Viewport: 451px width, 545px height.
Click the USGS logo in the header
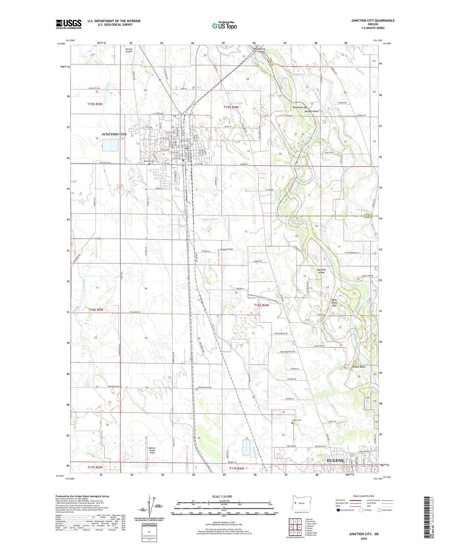[69, 24]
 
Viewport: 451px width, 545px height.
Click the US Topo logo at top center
[224, 26]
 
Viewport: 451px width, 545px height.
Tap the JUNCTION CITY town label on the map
[114, 134]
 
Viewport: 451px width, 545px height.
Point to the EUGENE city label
[335, 460]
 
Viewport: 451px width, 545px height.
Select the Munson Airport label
[129, 50]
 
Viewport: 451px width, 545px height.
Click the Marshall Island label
[321, 271]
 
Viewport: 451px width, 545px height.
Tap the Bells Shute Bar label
[334, 303]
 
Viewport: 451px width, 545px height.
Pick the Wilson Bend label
[359, 367]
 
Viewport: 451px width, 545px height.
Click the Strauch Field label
[226, 249]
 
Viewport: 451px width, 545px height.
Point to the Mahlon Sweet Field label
[152, 450]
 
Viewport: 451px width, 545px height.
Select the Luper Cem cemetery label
[297, 420]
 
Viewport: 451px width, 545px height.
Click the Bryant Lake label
[210, 219]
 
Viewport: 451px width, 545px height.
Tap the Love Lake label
[237, 103]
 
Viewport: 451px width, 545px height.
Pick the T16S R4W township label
[261, 305]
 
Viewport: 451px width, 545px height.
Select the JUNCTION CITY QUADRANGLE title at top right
[373, 21]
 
